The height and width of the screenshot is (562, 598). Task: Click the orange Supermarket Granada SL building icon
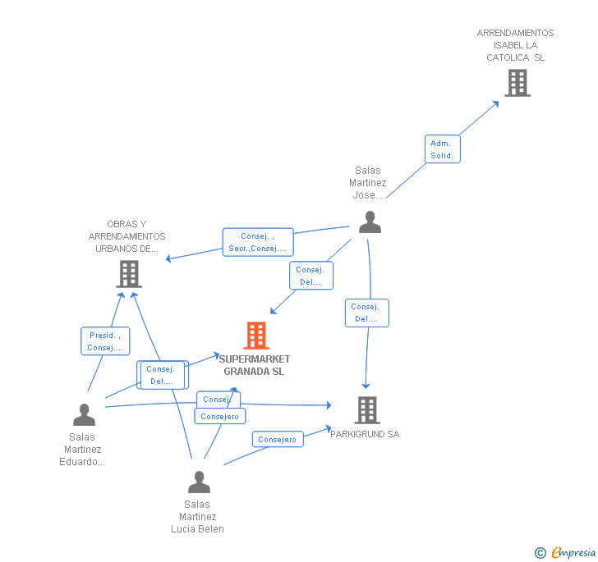pyautogui.click(x=256, y=336)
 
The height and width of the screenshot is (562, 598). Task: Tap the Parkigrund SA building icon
pyautogui.click(x=366, y=410)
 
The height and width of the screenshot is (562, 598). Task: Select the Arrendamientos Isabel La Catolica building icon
pyautogui.click(x=517, y=83)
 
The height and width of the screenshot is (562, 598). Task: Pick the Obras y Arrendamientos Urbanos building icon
pyautogui.click(x=128, y=274)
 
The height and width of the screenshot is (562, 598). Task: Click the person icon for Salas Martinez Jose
pyautogui.click(x=370, y=222)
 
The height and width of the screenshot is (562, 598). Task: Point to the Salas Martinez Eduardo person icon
pyautogui.click(x=84, y=415)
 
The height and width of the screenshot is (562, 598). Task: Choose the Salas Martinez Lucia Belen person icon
pyautogui.click(x=199, y=482)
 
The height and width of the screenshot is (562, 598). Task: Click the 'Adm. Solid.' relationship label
pyautogui.click(x=442, y=149)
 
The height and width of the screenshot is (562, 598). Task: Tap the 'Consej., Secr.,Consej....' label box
pyautogui.click(x=258, y=242)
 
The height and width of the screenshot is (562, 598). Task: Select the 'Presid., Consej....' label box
pyautogui.click(x=105, y=341)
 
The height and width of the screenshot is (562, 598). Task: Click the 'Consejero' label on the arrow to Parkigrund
pyautogui.click(x=278, y=440)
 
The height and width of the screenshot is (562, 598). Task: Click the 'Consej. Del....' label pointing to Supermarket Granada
pyautogui.click(x=310, y=276)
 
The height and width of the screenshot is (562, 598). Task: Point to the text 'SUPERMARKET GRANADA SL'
pyautogui.click(x=254, y=365)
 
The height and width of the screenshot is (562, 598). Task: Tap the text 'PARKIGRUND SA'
pyautogui.click(x=365, y=434)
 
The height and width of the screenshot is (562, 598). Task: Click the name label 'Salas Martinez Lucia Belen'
pyautogui.click(x=197, y=517)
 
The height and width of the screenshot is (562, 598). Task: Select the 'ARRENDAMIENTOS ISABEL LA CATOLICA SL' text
pyautogui.click(x=515, y=45)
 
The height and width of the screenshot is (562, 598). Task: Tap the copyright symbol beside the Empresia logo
pyautogui.click(x=540, y=553)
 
